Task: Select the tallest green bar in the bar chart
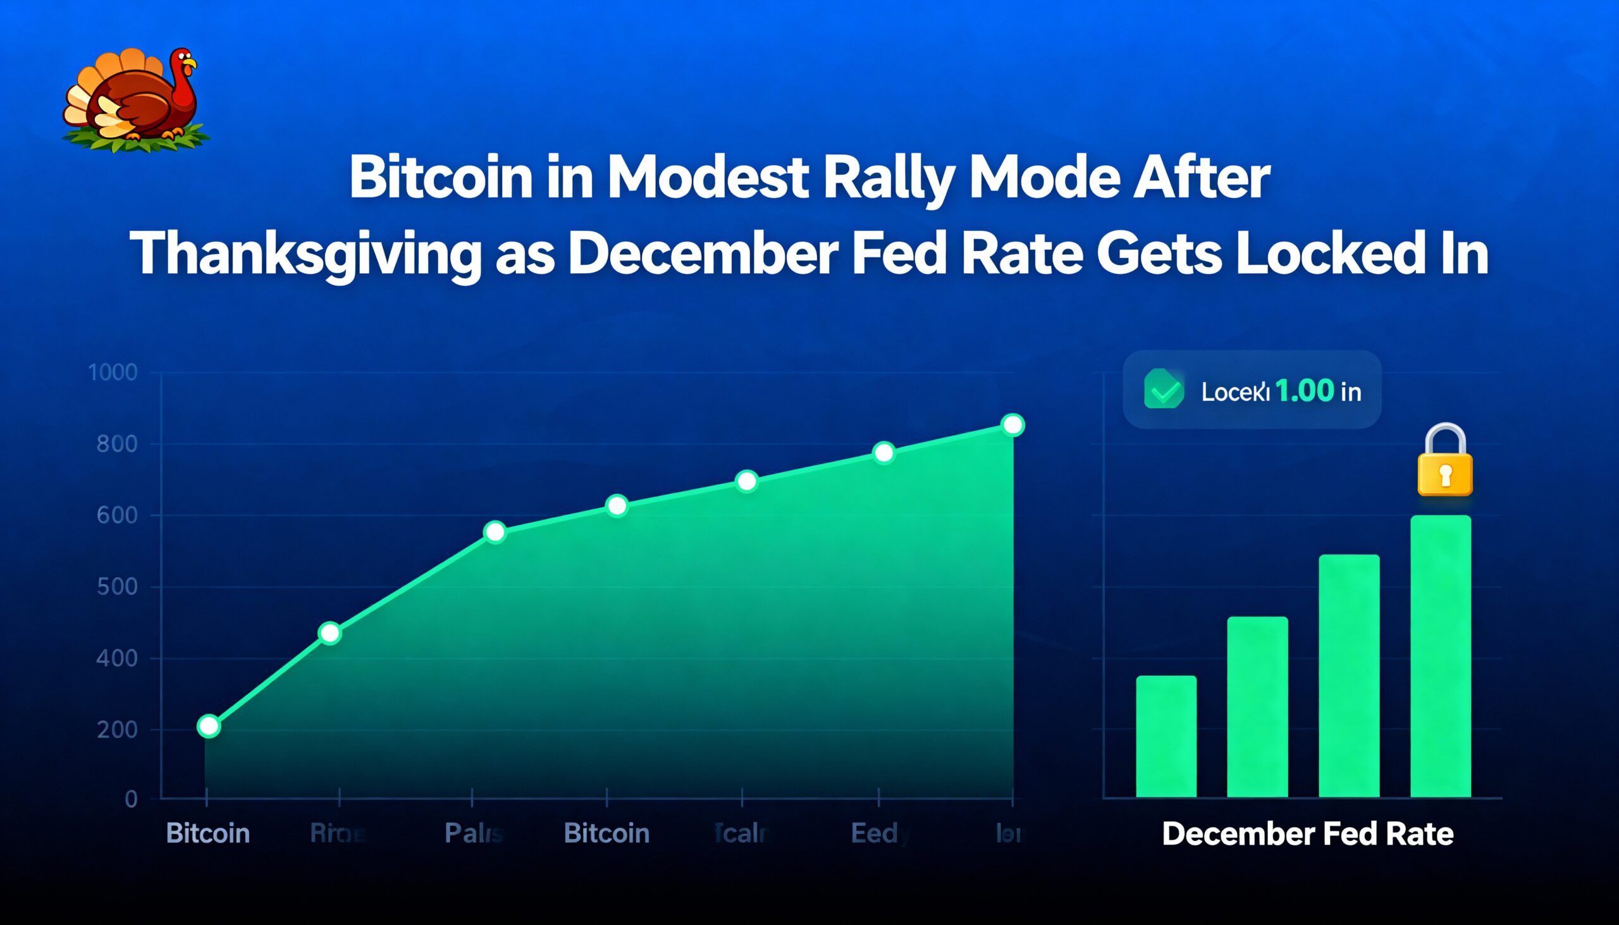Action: pyautogui.click(x=1441, y=654)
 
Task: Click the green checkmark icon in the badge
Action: pyautogui.click(x=1164, y=389)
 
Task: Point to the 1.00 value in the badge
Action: pyautogui.click(x=1304, y=391)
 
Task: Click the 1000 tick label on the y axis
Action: pyautogui.click(x=113, y=372)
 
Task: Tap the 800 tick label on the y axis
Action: pyautogui.click(x=117, y=444)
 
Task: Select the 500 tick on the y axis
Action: pyautogui.click(x=117, y=587)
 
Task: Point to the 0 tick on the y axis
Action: pyautogui.click(x=131, y=799)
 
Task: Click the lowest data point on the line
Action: pyautogui.click(x=209, y=725)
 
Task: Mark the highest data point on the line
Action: pyautogui.click(x=1013, y=424)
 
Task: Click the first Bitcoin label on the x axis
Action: pyautogui.click(x=208, y=833)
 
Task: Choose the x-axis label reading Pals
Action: pyautogui.click(x=474, y=833)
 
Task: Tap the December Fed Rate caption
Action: pyautogui.click(x=1308, y=834)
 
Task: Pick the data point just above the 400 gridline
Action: pyautogui.click(x=329, y=633)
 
